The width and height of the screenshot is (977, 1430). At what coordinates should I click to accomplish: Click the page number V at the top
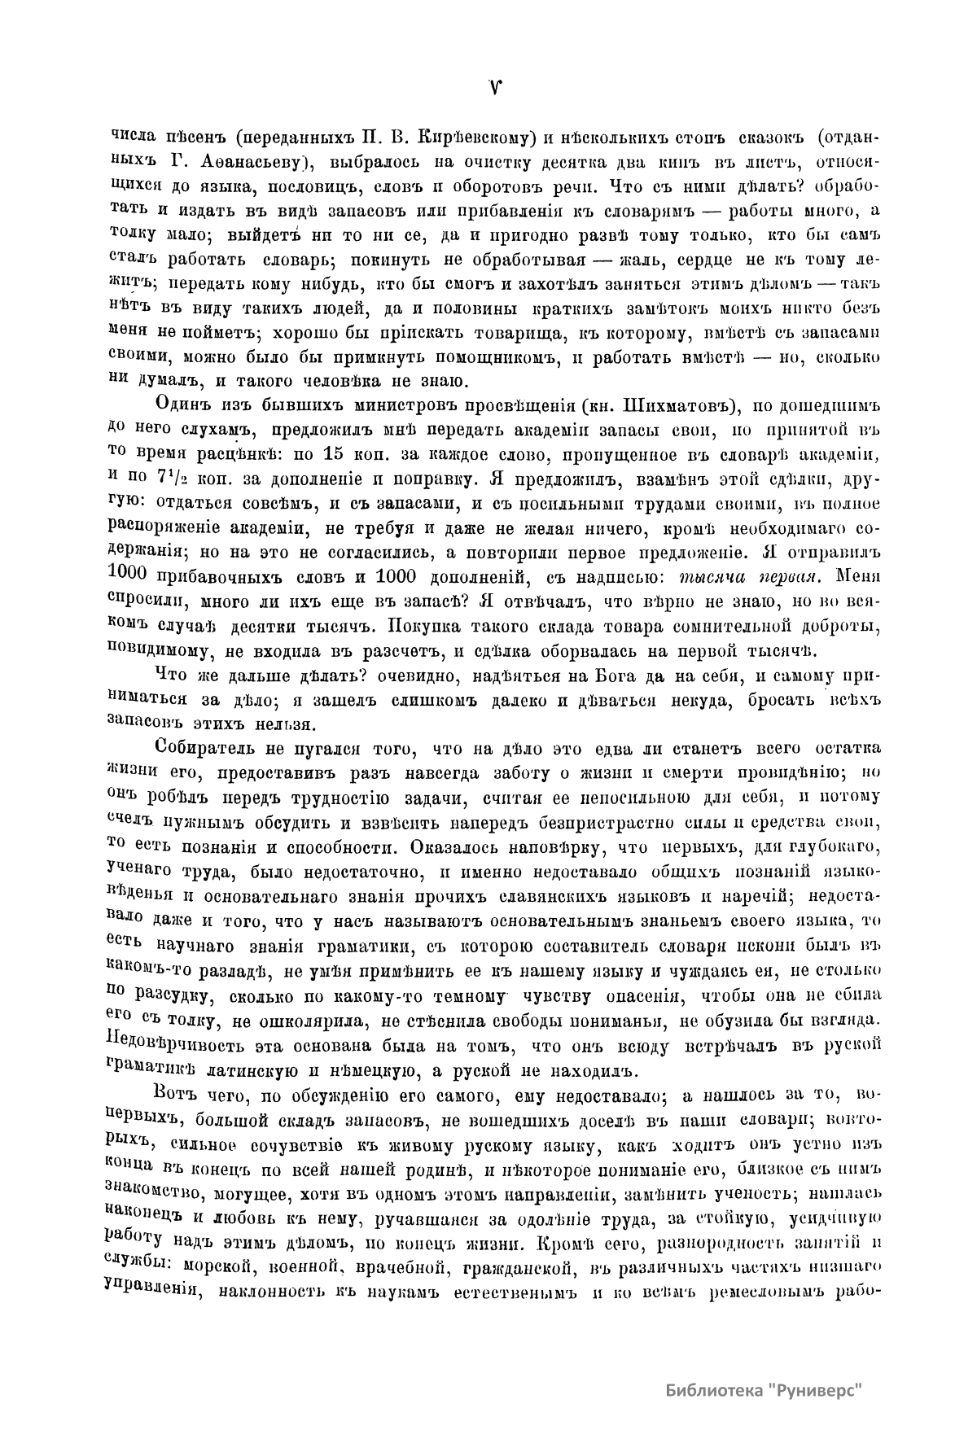pos(494,87)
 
